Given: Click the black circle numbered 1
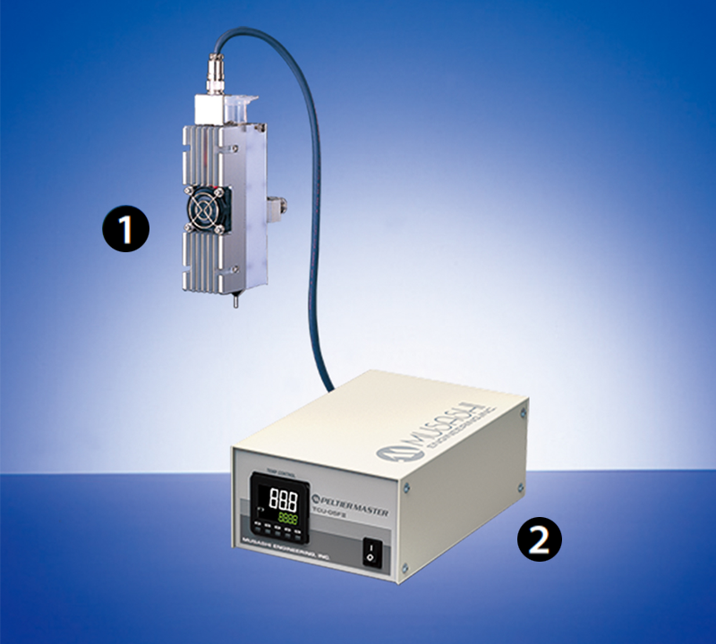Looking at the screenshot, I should pos(124,230).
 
